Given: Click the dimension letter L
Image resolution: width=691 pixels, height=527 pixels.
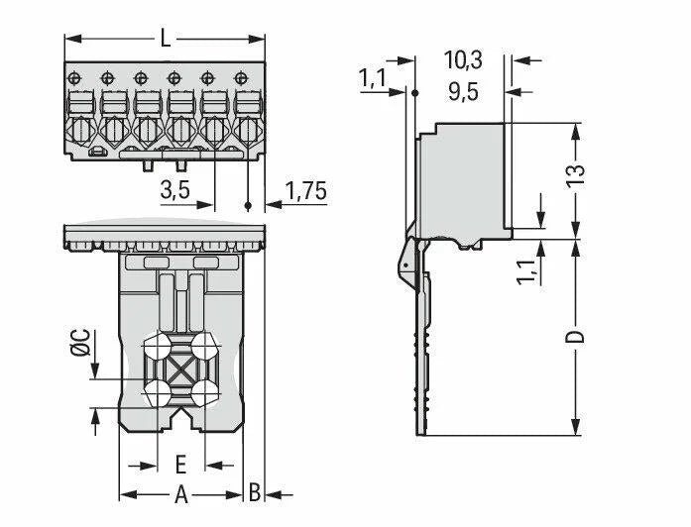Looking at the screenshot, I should pyautogui.click(x=166, y=40).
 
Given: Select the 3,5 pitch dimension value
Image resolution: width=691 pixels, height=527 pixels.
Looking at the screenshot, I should pyautogui.click(x=174, y=191).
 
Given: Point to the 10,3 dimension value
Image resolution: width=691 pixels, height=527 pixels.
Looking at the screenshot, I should pyautogui.click(x=462, y=61).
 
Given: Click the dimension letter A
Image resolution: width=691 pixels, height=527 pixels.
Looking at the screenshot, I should pyautogui.click(x=181, y=493).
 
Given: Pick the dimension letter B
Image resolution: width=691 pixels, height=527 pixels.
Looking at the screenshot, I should pyautogui.click(x=255, y=493).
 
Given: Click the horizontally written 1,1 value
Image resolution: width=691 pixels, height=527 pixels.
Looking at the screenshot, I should pyautogui.click(x=374, y=77).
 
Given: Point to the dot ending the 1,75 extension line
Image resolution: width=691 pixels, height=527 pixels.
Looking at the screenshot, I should pyautogui.click(x=247, y=206).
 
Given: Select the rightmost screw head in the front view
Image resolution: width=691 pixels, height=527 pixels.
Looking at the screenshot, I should pyautogui.click(x=239, y=75).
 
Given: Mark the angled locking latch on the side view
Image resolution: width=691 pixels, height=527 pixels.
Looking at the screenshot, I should pyautogui.click(x=408, y=262).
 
